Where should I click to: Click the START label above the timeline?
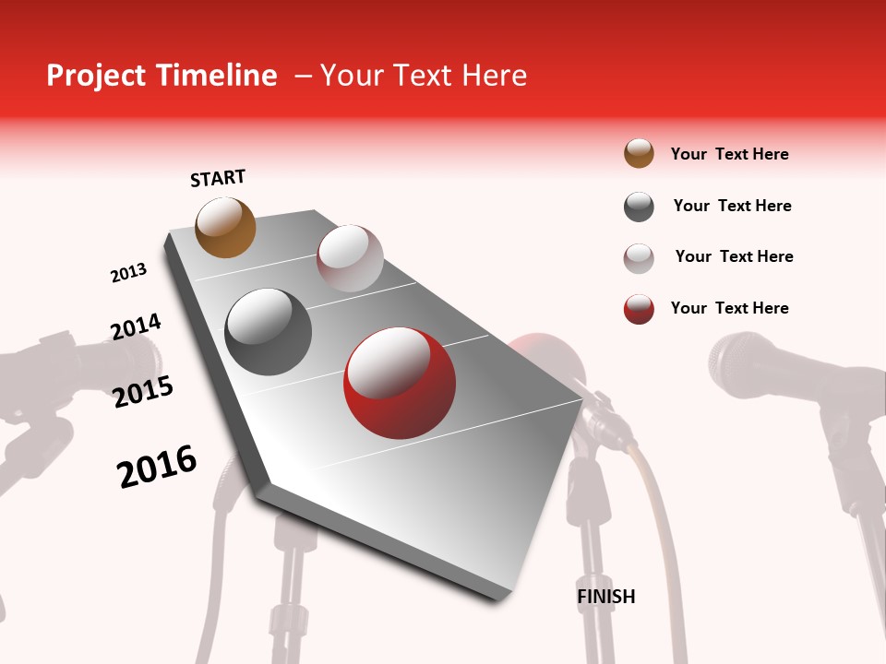pyautogui.click(x=218, y=177)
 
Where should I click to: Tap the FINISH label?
pyautogui.click(x=605, y=597)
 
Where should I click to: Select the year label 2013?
pyautogui.click(x=128, y=273)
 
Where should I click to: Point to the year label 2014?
pyautogui.click(x=136, y=326)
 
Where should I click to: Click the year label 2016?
pyautogui.click(x=157, y=466)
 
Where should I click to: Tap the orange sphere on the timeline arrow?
pyautogui.click(x=225, y=227)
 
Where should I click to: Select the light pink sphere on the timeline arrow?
pyautogui.click(x=350, y=258)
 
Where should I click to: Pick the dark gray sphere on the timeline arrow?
pyautogui.click(x=269, y=332)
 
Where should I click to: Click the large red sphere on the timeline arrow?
pyautogui.click(x=400, y=383)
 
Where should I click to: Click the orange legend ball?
pyautogui.click(x=639, y=153)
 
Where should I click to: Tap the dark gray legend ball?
pyautogui.click(x=639, y=207)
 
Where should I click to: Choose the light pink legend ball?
pyautogui.click(x=639, y=258)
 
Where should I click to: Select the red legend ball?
pyautogui.click(x=639, y=309)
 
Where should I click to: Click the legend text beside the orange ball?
pyautogui.click(x=729, y=154)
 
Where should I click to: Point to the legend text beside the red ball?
pyautogui.click(x=729, y=308)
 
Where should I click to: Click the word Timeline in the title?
pyautogui.click(x=219, y=76)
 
